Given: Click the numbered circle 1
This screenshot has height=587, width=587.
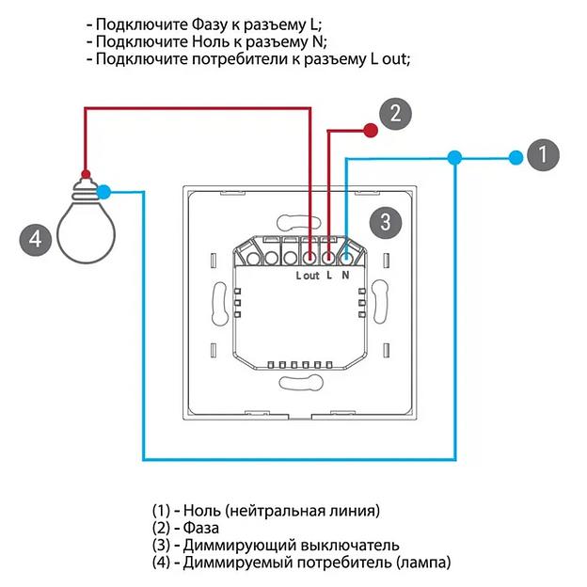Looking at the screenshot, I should coord(542,155).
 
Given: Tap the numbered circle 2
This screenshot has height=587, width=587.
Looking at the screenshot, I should coord(395,114).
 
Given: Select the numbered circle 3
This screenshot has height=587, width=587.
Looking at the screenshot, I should coord(386,222).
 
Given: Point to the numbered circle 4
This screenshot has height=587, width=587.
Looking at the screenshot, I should coord(35,239).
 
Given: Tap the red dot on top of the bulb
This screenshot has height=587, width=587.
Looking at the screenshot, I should coord(86,174).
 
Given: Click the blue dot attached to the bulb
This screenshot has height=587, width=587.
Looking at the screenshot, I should coord(104,192).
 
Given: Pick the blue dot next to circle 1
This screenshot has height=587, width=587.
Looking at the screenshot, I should coord(514,157).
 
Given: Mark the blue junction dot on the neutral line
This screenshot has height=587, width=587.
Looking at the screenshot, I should coord(454,157).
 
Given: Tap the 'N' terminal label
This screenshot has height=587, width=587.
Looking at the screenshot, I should coord(346,276).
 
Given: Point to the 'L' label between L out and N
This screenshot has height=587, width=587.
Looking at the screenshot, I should coord(328,276).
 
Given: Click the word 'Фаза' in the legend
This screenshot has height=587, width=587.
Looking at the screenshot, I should coord(201,529).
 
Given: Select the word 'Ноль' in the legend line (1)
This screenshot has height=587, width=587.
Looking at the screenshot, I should coord(202,511).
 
